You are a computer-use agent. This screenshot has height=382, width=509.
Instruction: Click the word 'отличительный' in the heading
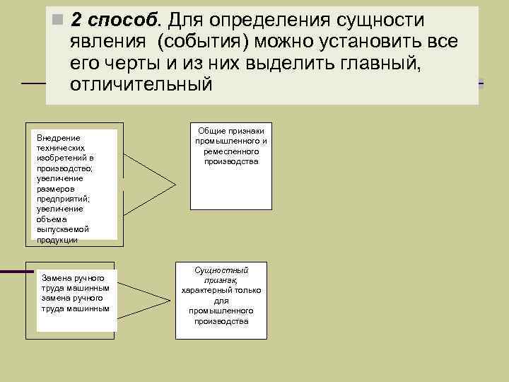coord(141,84)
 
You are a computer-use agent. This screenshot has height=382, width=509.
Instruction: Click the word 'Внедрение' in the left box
coord(58,137)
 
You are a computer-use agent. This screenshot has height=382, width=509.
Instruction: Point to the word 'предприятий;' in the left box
coord(63,199)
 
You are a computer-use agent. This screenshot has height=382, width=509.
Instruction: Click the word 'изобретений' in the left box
coord(62,158)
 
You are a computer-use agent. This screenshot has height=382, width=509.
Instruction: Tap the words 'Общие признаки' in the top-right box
coord(231,131)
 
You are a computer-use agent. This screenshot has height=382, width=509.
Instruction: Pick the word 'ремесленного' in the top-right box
coord(231,151)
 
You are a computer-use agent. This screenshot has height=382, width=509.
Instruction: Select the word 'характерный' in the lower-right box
coord(209,290)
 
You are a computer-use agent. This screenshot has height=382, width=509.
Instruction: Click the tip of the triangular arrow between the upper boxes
coord(175,185)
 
